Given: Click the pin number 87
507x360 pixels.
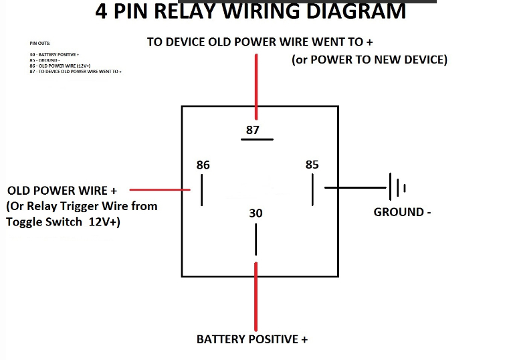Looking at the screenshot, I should (x=252, y=130).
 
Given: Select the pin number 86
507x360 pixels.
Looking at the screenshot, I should (x=203, y=165).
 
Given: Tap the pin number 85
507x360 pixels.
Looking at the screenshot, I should (x=312, y=165).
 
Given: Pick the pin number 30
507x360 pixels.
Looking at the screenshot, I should (x=256, y=213).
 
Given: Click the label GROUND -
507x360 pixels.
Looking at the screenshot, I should (x=402, y=212).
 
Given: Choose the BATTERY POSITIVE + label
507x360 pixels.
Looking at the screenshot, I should (x=252, y=339).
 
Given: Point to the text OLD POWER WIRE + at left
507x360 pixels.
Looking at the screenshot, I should (x=62, y=191).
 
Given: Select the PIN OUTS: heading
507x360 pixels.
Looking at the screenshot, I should (x=39, y=41).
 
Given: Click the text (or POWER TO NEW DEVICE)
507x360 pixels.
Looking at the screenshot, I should (x=369, y=60).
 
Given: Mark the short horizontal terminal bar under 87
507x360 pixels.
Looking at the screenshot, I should (x=257, y=140).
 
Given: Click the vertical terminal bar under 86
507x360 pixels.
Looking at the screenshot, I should (x=201, y=190).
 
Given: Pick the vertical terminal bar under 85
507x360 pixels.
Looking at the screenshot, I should (x=312, y=190).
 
